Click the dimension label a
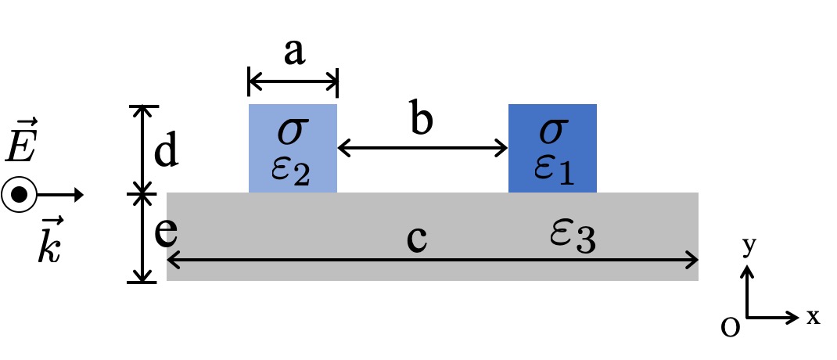(x=293, y=53)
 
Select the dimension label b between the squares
(x=423, y=121)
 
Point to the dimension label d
(x=165, y=153)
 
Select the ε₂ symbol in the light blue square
(x=292, y=171)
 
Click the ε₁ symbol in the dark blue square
(x=553, y=171)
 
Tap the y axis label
(x=748, y=247)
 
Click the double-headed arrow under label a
(x=293, y=80)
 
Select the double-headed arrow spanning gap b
(x=422, y=147)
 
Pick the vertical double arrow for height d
(x=142, y=149)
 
